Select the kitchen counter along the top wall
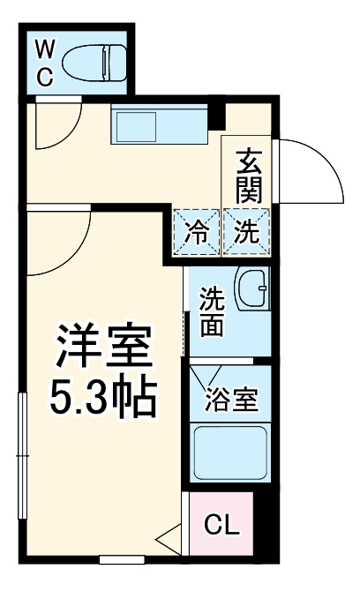click(159, 124)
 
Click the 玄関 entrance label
click(249, 175)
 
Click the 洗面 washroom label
click(212, 311)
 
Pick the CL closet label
click(222, 526)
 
